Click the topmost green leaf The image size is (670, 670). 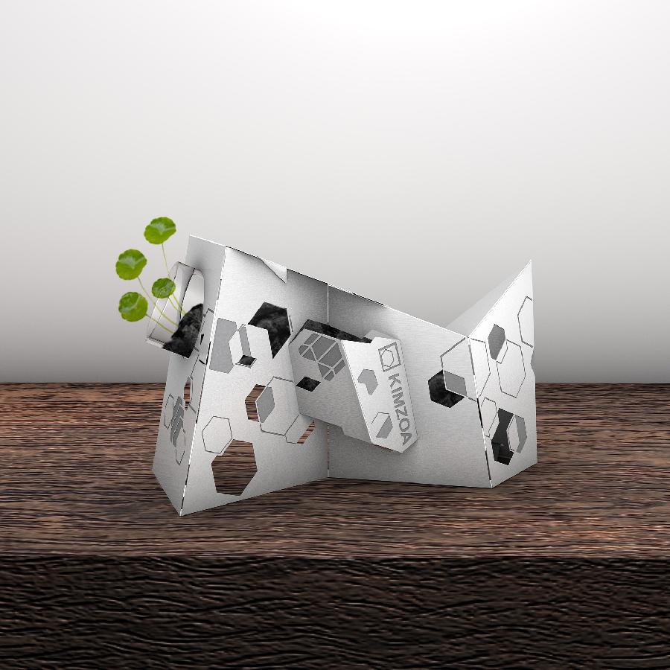tap(160, 231)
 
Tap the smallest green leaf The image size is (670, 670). tap(163, 287)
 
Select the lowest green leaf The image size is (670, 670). tap(133, 307)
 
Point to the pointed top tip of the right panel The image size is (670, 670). tap(530, 261)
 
